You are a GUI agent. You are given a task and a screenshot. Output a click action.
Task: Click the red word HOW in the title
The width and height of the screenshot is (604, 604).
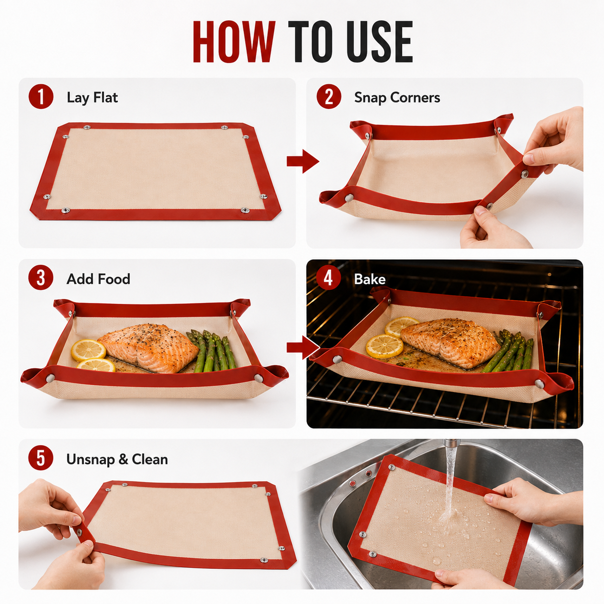pyautogui.click(x=234, y=42)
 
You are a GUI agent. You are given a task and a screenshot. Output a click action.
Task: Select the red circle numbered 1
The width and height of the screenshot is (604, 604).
pyautogui.click(x=41, y=97)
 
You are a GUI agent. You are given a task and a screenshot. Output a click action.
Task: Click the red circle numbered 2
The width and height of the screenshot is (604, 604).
pyautogui.click(x=328, y=97)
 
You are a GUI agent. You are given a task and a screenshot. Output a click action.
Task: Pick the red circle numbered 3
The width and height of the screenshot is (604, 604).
pyautogui.click(x=41, y=278)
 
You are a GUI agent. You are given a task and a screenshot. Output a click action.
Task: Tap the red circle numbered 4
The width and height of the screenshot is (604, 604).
pyautogui.click(x=328, y=278)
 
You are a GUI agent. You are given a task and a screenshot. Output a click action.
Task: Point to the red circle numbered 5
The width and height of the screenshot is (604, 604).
pyautogui.click(x=41, y=458)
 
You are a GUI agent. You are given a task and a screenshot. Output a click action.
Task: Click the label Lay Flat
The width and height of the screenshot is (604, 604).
pyautogui.click(x=92, y=97)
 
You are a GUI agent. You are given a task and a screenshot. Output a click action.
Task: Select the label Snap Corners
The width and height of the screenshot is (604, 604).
pyautogui.click(x=397, y=98)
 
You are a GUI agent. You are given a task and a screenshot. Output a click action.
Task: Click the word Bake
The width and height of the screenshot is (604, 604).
pyautogui.click(x=370, y=279)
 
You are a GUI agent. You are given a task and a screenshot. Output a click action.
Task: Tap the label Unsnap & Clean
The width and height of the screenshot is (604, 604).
pyautogui.click(x=117, y=460)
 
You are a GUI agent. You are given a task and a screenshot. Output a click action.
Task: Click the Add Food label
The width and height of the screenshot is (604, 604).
pyautogui.click(x=98, y=279)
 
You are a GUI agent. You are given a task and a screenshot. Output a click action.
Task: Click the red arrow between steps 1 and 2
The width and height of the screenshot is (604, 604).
pyautogui.click(x=303, y=161)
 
